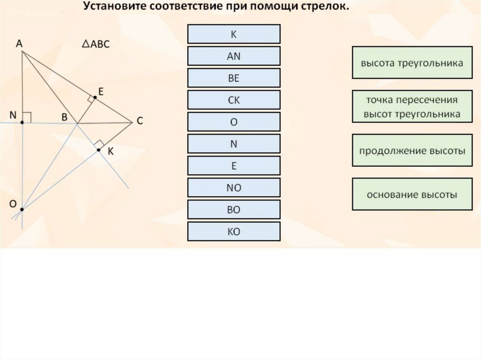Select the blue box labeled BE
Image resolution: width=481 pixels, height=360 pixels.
pos(233,78)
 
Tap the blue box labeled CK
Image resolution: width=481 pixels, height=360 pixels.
pos(233,100)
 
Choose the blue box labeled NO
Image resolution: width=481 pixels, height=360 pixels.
pos(233,188)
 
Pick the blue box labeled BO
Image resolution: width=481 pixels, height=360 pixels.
pos(233,210)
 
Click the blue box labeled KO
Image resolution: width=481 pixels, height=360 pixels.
pos(233,231)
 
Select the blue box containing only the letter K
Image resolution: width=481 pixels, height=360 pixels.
pos(233,34)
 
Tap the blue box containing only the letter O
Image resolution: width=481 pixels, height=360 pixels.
pos(233,122)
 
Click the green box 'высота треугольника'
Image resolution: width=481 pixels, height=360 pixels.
pos(412,62)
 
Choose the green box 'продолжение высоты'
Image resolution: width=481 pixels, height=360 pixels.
pos(412,151)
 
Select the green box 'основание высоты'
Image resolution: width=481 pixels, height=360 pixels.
pos(412,194)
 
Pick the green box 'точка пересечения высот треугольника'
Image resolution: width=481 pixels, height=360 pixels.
pos(412,107)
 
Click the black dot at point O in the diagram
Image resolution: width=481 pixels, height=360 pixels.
pos(22,210)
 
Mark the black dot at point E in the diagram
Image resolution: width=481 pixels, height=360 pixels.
pos(94,98)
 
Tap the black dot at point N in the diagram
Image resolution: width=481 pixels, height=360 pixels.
pos(22,123)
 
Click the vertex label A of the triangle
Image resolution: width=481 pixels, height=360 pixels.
pos(19,44)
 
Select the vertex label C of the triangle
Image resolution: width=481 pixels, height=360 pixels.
pos(140,121)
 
